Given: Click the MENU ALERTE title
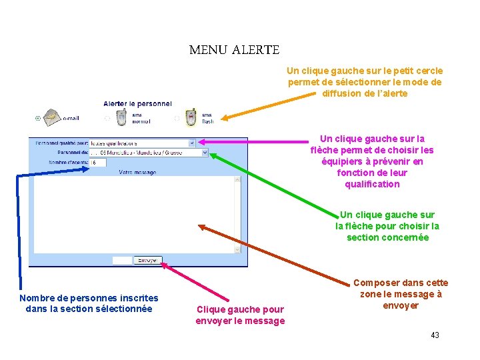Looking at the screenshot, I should pyautogui.click(x=234, y=50).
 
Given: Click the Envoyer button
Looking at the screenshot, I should pyautogui.click(x=147, y=260).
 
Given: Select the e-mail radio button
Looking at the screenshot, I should pyautogui.click(x=37, y=119).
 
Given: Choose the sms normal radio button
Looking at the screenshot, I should pyautogui.click(x=107, y=119).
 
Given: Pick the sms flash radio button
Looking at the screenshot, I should pyautogui.click(x=177, y=119).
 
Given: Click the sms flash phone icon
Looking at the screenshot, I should pyautogui.click(x=191, y=117).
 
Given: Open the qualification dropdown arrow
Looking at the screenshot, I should pyautogui.click(x=192, y=143).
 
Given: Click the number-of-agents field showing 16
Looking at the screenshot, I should pyautogui.click(x=97, y=162).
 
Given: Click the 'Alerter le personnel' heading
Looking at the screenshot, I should pyautogui.click(x=137, y=103).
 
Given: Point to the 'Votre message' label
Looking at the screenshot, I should pyautogui.click(x=137, y=173).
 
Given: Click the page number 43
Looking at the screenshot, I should pyautogui.click(x=435, y=335).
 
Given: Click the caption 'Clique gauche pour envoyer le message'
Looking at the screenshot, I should pyautogui.click(x=239, y=315).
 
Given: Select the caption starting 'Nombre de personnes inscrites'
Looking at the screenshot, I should pyautogui.click(x=89, y=303).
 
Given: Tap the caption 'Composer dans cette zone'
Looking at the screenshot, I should pyautogui.click(x=400, y=294).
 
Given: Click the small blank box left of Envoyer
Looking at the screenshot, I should pyautogui.click(x=122, y=260).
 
